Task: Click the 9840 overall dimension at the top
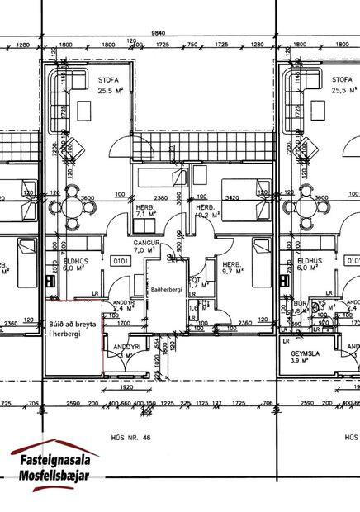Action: click(x=153, y=32)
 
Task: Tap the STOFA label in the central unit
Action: click(x=107, y=80)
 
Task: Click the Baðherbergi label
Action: click(x=167, y=289)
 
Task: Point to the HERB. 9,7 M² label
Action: click(x=232, y=268)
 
